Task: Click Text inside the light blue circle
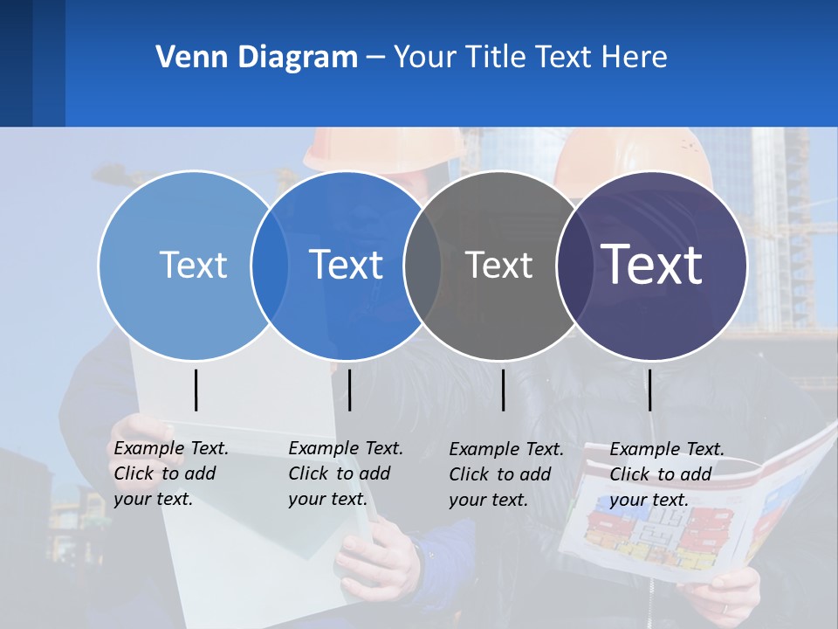[x=193, y=265]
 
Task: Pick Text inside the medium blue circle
[x=346, y=265]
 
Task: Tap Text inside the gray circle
[x=498, y=266]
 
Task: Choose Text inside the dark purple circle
[x=652, y=265]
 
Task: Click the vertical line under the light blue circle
[x=196, y=390]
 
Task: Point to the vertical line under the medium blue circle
[x=349, y=390]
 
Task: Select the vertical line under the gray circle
[x=504, y=390]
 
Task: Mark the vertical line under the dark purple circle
[x=649, y=390]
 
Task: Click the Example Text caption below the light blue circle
[x=171, y=473]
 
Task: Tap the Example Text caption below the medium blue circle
[x=346, y=473]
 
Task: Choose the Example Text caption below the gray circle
[x=506, y=474]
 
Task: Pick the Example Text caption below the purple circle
[x=667, y=474]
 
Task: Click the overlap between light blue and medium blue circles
[x=269, y=266]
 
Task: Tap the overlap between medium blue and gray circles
[x=422, y=266]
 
